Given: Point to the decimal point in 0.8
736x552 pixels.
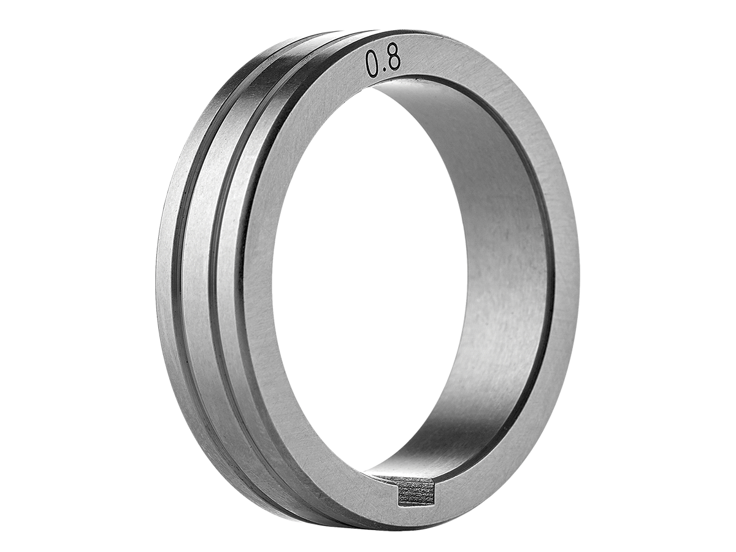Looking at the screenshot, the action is [x=383, y=72].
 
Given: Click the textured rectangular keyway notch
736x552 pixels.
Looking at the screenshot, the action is [x=415, y=496].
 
